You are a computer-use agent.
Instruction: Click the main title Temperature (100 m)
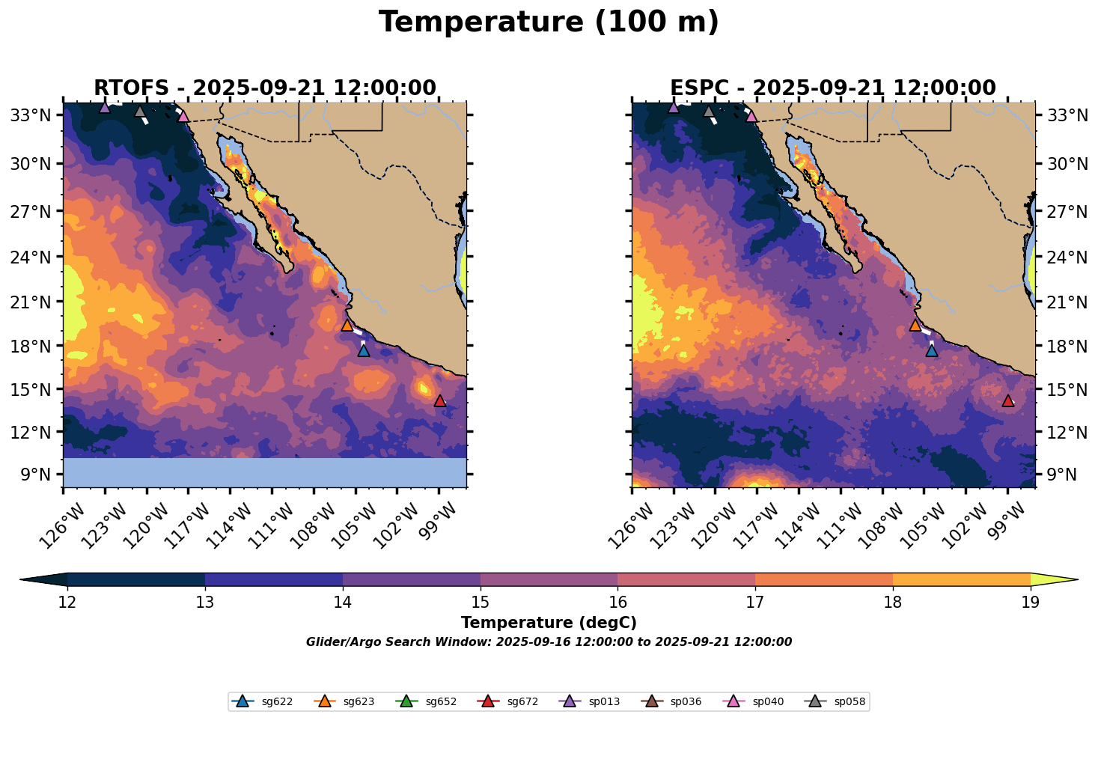coord(549,22)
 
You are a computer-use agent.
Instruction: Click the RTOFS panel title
coord(265,88)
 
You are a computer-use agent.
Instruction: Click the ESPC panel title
coord(833,88)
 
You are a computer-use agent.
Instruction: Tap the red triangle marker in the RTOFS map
coord(439,400)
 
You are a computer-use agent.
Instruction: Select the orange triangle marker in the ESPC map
coord(915,325)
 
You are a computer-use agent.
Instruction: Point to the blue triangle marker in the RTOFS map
coord(363,350)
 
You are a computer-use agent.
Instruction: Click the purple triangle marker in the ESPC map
coord(674,107)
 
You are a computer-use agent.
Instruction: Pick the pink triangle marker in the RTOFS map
coord(183,116)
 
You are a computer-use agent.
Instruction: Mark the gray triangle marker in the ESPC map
coord(708,112)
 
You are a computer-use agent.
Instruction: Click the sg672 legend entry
coord(507,701)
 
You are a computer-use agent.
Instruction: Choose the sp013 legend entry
coord(589,701)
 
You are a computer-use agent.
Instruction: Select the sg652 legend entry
coord(425,701)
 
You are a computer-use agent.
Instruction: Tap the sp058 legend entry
coord(835,701)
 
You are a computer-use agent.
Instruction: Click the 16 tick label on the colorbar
coord(617,602)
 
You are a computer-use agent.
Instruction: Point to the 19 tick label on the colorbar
coord(1031,602)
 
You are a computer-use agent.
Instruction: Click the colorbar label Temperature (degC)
coord(549,623)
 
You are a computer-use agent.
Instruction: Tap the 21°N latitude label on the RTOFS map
coord(31,302)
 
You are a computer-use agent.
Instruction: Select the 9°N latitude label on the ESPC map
coord(1062,475)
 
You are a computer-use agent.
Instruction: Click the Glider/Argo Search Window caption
coord(549,641)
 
